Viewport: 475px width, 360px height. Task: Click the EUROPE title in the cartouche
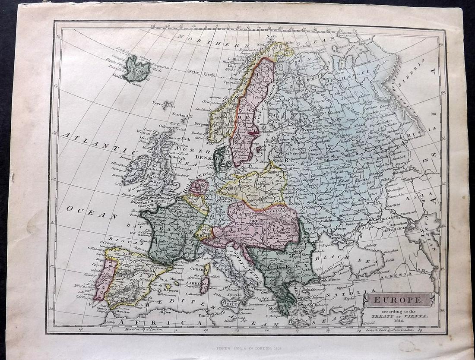[x=399, y=299]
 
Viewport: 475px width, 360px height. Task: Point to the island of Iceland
[x=136, y=68]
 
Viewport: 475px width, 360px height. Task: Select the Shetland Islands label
[x=182, y=116]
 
